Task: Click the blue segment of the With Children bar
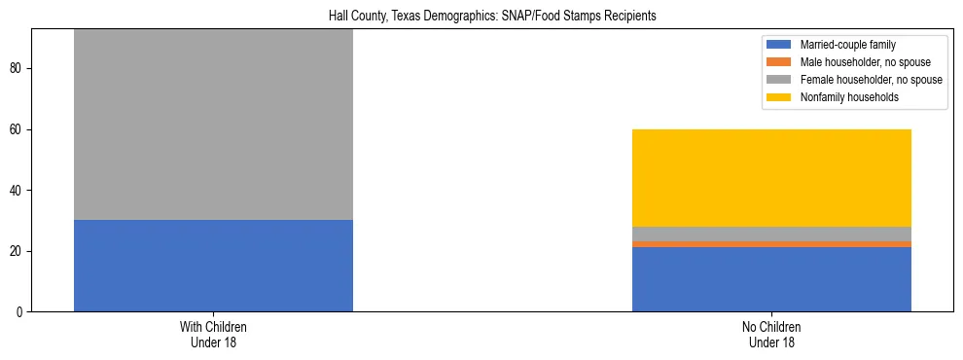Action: (213, 266)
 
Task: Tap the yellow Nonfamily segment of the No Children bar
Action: (771, 178)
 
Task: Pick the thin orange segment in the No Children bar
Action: (771, 244)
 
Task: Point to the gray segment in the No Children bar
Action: (771, 234)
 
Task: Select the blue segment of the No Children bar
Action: (771, 279)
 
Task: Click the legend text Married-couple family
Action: (847, 45)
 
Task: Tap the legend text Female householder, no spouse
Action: (872, 80)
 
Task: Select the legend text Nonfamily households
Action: (849, 97)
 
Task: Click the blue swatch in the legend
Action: (780, 45)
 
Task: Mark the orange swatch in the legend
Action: (780, 62)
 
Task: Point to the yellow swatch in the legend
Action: (780, 97)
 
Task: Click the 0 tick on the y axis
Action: (20, 312)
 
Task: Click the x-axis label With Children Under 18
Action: (213, 335)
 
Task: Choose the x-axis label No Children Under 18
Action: (771, 335)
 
